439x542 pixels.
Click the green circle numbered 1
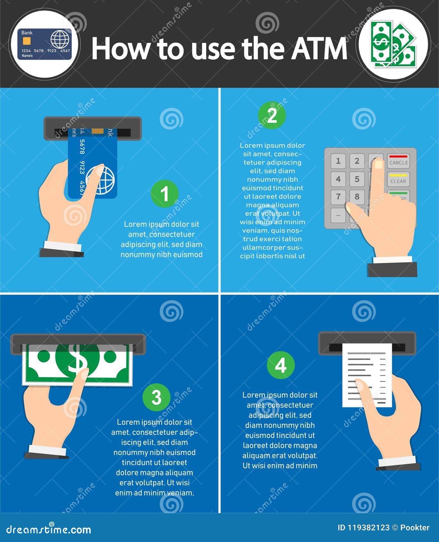point(165,194)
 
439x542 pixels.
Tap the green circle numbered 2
point(272,115)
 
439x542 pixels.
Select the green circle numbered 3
point(156,397)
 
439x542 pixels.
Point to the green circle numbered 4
point(281,365)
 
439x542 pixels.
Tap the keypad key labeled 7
point(338,196)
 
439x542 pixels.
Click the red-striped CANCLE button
point(398,161)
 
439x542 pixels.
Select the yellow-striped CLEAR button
point(398,180)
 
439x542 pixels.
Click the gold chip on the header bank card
point(27,41)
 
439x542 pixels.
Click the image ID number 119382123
point(369,528)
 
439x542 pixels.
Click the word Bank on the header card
point(27,33)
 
